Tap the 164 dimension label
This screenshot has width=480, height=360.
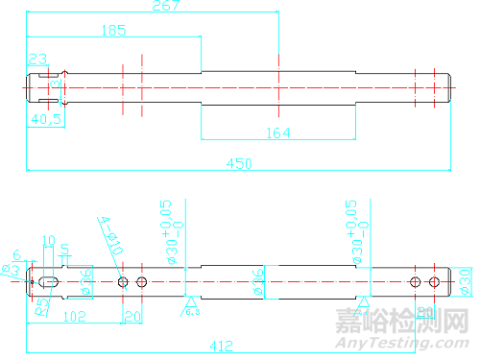[x=276, y=133]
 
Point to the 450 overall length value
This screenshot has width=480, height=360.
[x=239, y=164]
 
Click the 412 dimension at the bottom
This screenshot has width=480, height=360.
[x=222, y=344]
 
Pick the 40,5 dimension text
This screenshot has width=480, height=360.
[x=46, y=119]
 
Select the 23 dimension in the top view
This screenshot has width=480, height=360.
[x=37, y=60]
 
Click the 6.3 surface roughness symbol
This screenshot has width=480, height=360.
[x=191, y=308]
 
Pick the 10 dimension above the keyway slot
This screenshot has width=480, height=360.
[x=50, y=241]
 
